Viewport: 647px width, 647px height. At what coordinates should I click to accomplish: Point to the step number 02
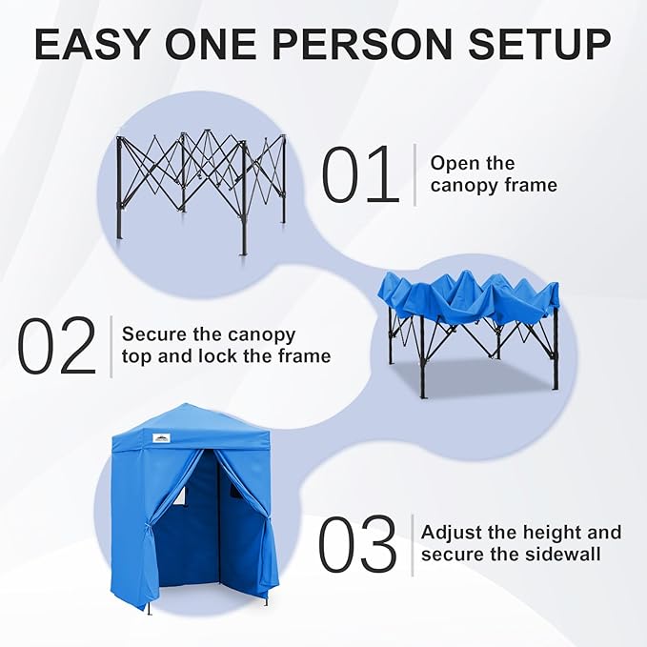point(57,346)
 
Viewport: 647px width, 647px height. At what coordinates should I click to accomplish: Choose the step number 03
point(356,546)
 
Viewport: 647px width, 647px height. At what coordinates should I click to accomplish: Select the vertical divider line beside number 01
point(414,173)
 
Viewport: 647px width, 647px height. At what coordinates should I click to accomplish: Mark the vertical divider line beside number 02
point(111,346)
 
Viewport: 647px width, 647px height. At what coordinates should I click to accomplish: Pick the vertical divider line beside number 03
point(412,545)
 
